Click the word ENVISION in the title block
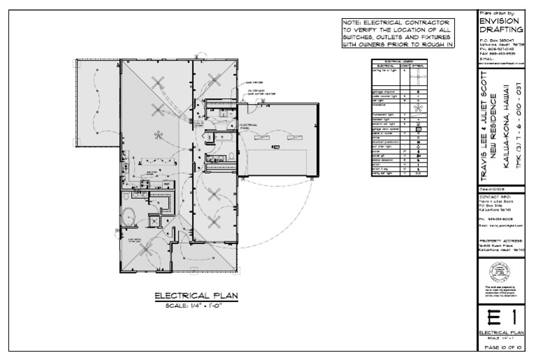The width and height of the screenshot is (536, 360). pyautogui.click(x=498, y=21)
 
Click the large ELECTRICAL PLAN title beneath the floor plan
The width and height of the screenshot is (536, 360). pyautogui.click(x=196, y=296)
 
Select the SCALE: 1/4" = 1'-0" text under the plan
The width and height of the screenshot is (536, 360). pyautogui.click(x=196, y=306)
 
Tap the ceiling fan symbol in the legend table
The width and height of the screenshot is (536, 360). pyautogui.click(x=417, y=73)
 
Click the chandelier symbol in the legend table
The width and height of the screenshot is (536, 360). pyautogui.click(x=417, y=108)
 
